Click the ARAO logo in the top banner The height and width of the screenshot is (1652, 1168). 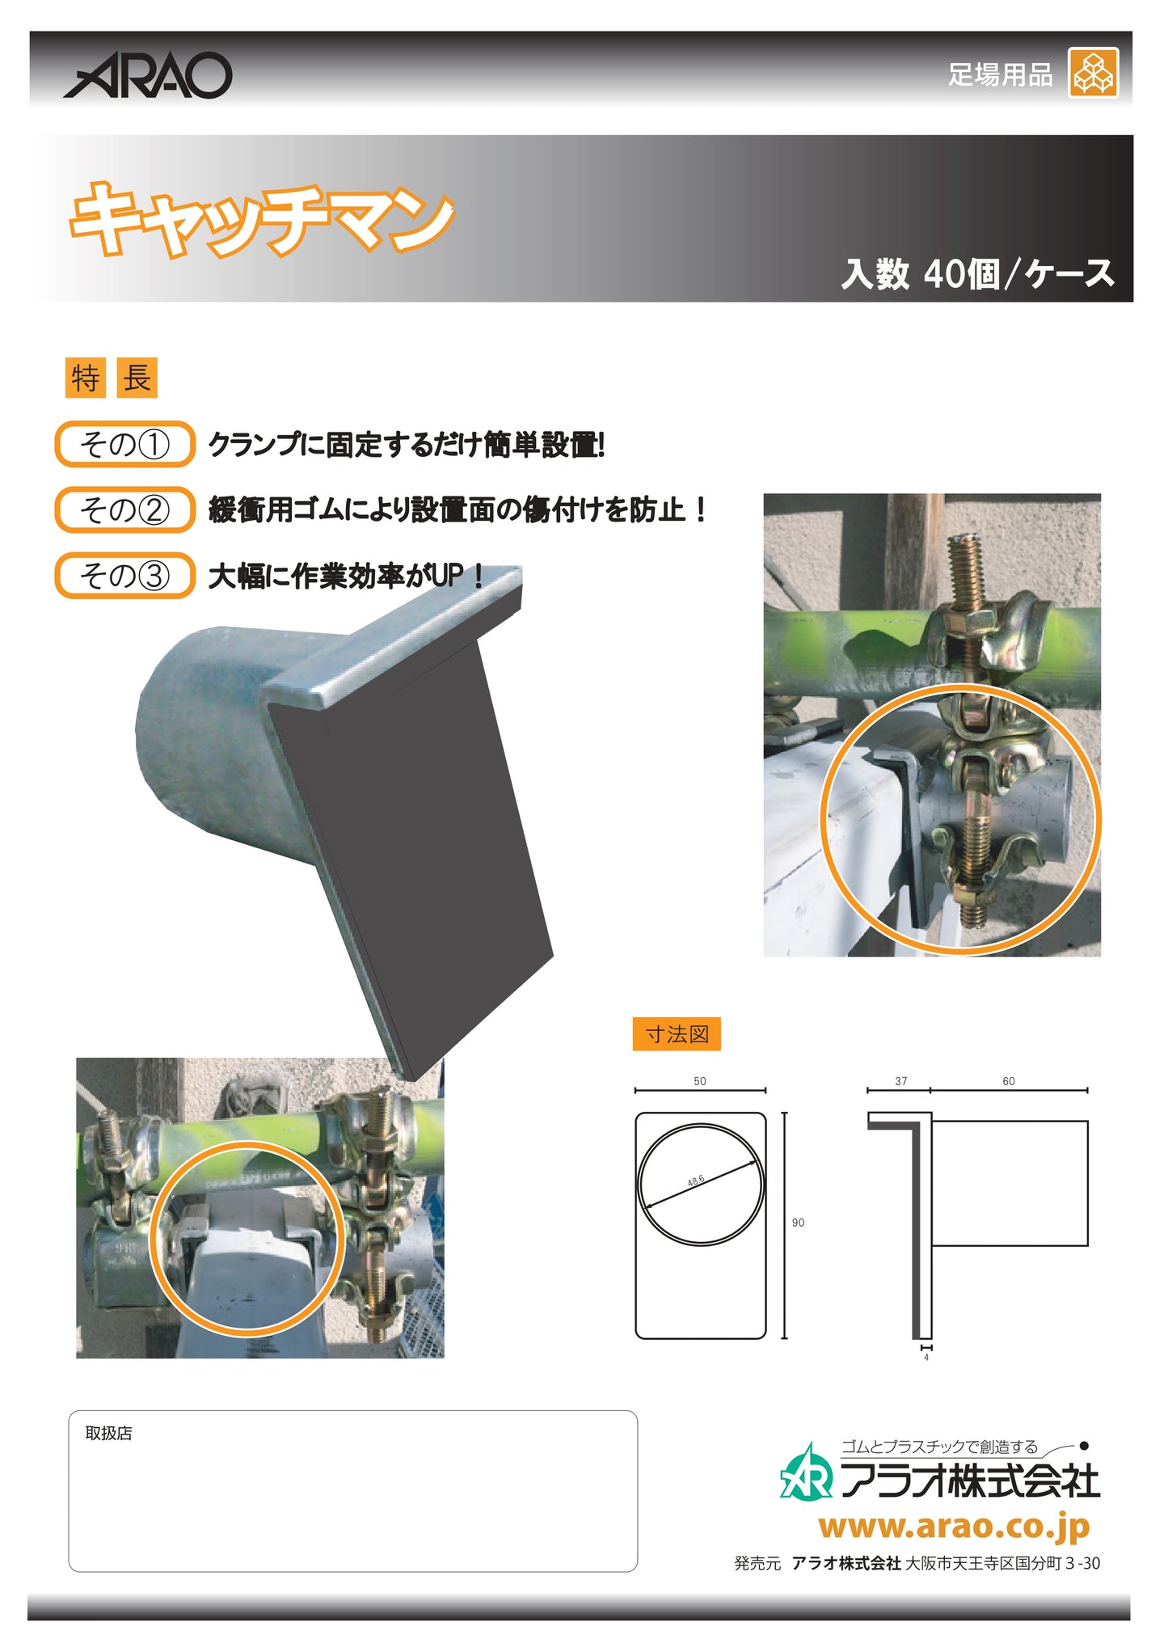(148, 76)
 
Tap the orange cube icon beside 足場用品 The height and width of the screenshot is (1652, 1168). (1093, 73)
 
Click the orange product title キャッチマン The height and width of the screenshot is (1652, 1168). (261, 218)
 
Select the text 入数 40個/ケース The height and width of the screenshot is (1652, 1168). (977, 273)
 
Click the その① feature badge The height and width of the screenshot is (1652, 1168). (124, 444)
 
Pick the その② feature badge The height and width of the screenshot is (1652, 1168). (124, 509)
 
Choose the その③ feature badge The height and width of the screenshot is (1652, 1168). (124, 575)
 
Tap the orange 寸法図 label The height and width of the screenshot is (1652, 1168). (677, 1034)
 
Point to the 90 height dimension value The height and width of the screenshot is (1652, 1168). (798, 1223)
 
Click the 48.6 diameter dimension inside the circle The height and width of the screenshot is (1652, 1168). (696, 1181)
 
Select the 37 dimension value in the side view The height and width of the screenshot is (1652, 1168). (900, 1081)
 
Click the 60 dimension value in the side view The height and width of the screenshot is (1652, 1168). (1008, 1081)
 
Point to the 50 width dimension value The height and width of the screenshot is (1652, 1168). (700, 1081)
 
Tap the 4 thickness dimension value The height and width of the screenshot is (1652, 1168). (926, 1358)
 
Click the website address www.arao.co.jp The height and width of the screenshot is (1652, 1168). (954, 1527)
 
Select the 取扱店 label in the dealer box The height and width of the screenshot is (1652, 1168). (108, 1433)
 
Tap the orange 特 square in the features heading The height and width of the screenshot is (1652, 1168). (85, 378)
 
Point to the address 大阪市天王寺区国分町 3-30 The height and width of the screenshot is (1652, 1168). (1002, 1563)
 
